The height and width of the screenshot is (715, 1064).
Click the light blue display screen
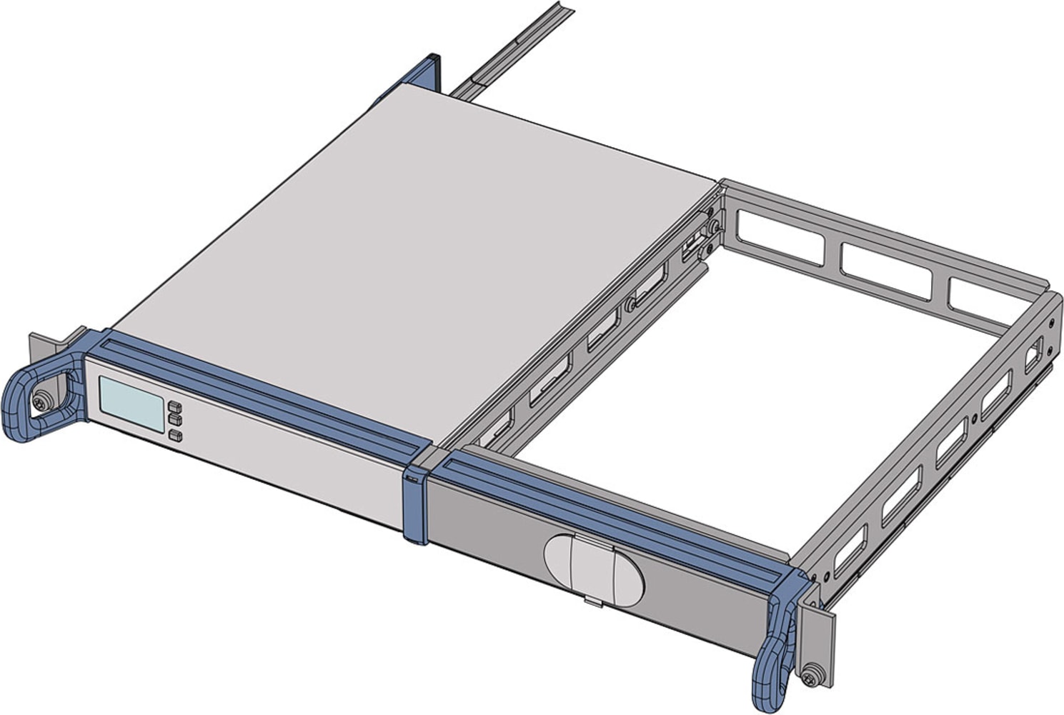click(x=131, y=404)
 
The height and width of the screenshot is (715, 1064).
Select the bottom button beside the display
click(x=175, y=435)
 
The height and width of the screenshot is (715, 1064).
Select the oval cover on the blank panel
click(x=593, y=567)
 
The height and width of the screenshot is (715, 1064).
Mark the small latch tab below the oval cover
click(x=593, y=601)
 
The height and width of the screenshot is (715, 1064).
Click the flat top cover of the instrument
click(x=414, y=257)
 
